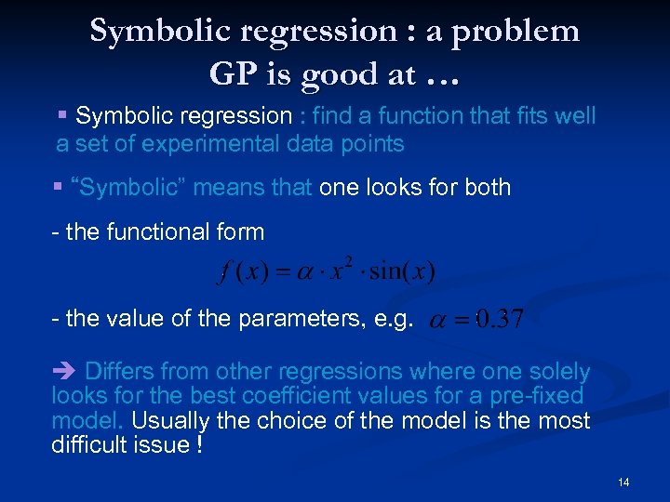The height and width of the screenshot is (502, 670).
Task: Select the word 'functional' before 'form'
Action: [x=167, y=231]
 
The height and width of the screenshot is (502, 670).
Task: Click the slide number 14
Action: [x=623, y=482]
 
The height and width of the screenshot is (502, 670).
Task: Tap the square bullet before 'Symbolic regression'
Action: [x=62, y=116]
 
